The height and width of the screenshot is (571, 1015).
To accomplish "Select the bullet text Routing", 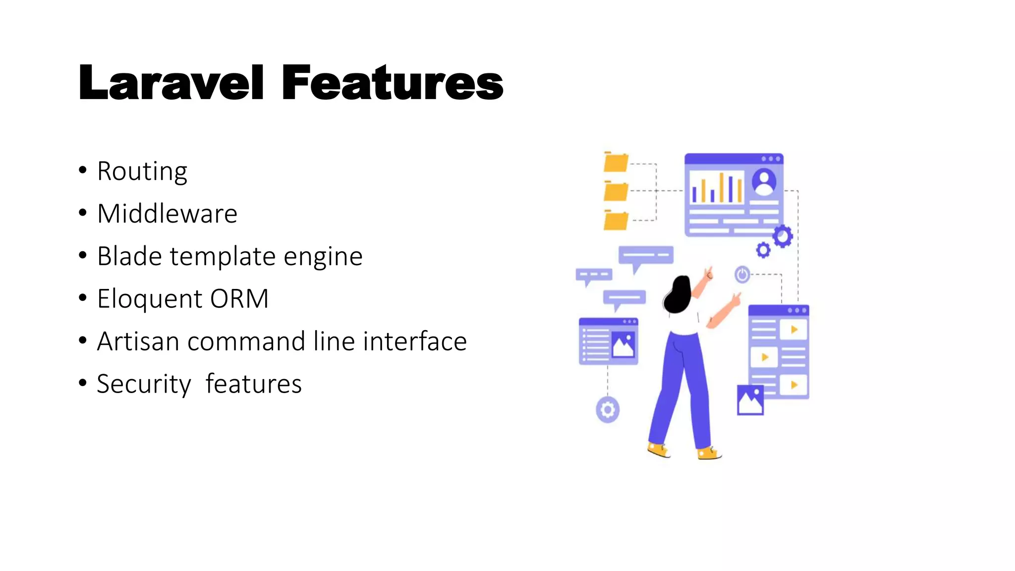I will pos(142,171).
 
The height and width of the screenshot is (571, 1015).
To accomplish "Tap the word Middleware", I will pos(168,214).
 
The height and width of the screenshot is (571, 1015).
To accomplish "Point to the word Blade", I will pos(129,256).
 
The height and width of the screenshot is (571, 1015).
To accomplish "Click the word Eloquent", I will pos(150,299).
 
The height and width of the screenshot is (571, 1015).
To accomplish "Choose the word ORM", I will pos(239,299).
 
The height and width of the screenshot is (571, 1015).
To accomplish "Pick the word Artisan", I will pos(138,342).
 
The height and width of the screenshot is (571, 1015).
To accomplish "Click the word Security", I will pos(144,384).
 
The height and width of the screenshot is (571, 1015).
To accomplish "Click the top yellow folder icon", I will pos(616,162).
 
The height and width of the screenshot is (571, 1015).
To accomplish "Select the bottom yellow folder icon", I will pos(616,221).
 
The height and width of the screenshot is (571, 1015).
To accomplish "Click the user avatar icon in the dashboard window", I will pos(764,181).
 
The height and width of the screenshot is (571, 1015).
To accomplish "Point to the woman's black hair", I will pos(678,295).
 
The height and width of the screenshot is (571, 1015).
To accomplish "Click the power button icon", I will pos(742,274).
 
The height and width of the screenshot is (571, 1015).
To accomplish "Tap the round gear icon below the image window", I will pos(608,410).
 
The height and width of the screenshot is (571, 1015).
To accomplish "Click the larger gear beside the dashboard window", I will pos(783,236).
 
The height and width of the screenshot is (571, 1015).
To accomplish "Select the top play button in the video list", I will pos(794,330).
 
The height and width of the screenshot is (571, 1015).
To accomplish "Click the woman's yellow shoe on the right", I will pos(709,453).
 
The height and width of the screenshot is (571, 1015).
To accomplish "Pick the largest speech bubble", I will pos(646,256).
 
